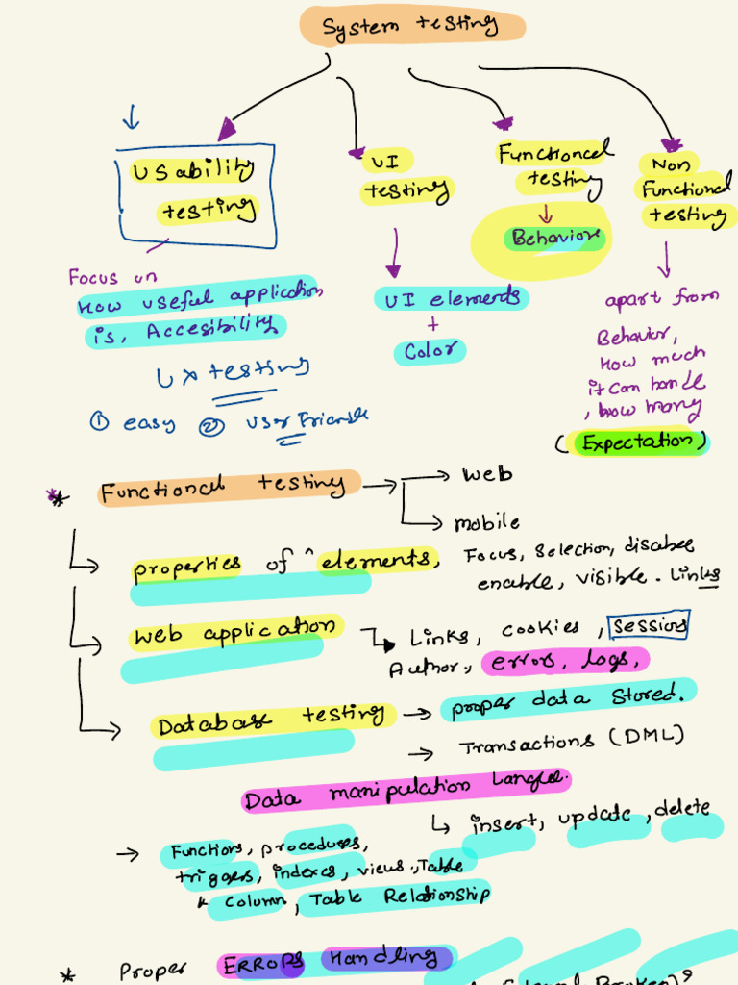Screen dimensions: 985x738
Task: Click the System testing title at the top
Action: point(411,26)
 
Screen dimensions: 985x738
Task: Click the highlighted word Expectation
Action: point(637,442)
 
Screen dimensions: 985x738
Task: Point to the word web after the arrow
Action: point(487,475)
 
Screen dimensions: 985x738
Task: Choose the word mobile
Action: point(487,523)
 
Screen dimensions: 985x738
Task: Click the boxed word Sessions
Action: point(650,626)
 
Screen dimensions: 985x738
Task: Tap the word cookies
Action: point(540,629)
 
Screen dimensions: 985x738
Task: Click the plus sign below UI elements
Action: point(432,325)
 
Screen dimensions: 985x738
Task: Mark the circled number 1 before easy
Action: point(99,420)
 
